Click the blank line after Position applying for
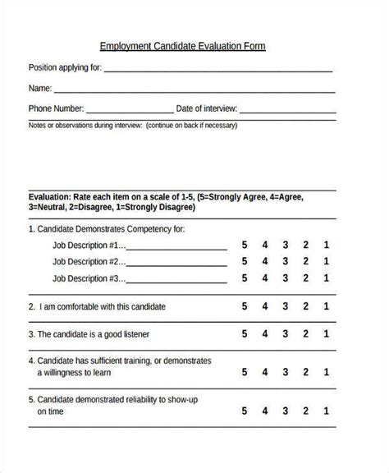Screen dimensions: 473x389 218,71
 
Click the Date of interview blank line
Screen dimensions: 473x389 287,111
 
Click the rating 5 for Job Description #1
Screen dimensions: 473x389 244,245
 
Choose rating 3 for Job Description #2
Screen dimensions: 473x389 286,261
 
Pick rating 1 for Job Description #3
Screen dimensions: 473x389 327,278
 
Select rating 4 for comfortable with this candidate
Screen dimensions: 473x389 264,306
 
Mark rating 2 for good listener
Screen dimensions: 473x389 306,334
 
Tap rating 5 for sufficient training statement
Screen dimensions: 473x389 244,367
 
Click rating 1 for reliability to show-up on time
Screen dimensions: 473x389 327,405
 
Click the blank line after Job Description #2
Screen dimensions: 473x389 177,264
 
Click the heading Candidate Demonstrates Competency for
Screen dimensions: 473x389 107,229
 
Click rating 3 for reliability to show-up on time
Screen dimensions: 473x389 286,405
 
